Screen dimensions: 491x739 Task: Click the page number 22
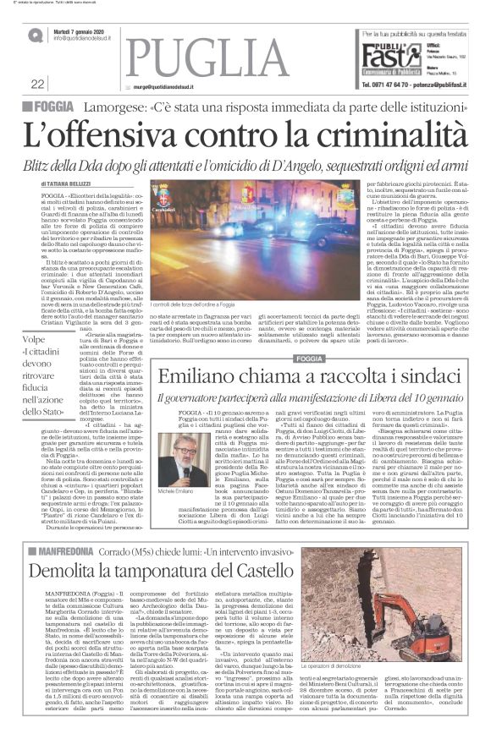tap(38, 84)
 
